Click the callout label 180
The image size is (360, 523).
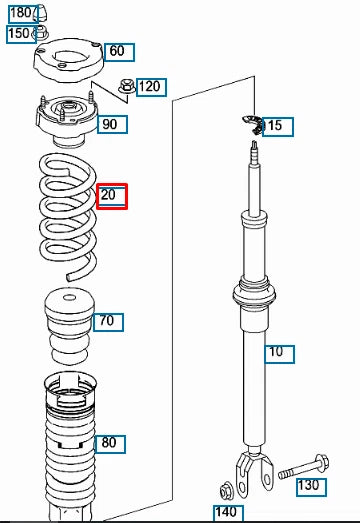pos(20,12)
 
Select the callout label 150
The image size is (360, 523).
pos(19,34)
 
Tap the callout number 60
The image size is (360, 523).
pos(117,51)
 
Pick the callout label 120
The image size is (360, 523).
pos(149,87)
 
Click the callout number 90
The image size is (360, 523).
pos(109,124)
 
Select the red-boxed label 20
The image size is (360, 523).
pos(111,195)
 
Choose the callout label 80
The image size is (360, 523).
pos(109,443)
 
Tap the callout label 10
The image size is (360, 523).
pos(275,352)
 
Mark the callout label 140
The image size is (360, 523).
pos(227,513)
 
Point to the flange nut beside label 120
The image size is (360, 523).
pos(127,88)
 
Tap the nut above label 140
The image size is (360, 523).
pos(226,490)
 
